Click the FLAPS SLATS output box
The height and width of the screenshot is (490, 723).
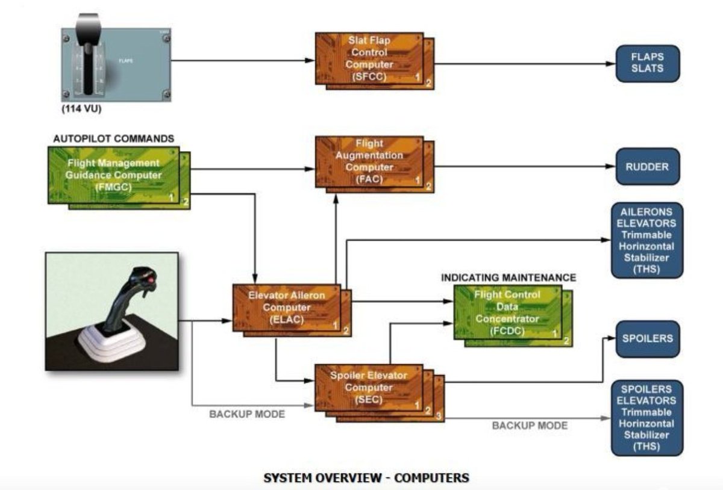647,63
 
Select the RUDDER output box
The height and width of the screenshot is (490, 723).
647,166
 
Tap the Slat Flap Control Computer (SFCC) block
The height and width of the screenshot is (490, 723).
369,58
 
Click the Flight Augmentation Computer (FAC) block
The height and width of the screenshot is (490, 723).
369,161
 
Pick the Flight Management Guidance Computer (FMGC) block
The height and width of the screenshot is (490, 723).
113,175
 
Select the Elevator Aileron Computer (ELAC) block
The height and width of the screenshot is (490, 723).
286,308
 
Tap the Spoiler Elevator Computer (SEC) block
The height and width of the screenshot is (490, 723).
369,388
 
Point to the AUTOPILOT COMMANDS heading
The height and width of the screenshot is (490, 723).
113,138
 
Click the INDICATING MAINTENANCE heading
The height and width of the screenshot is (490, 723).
509,278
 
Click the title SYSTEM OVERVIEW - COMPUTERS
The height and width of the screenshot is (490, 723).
366,478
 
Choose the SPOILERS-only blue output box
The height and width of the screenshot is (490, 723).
647,338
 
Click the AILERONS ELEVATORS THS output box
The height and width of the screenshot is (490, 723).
647,240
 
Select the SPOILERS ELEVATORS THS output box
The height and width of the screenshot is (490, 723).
647,417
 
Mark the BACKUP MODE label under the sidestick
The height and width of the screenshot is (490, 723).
246,415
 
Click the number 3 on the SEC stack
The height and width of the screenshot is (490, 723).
437,415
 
